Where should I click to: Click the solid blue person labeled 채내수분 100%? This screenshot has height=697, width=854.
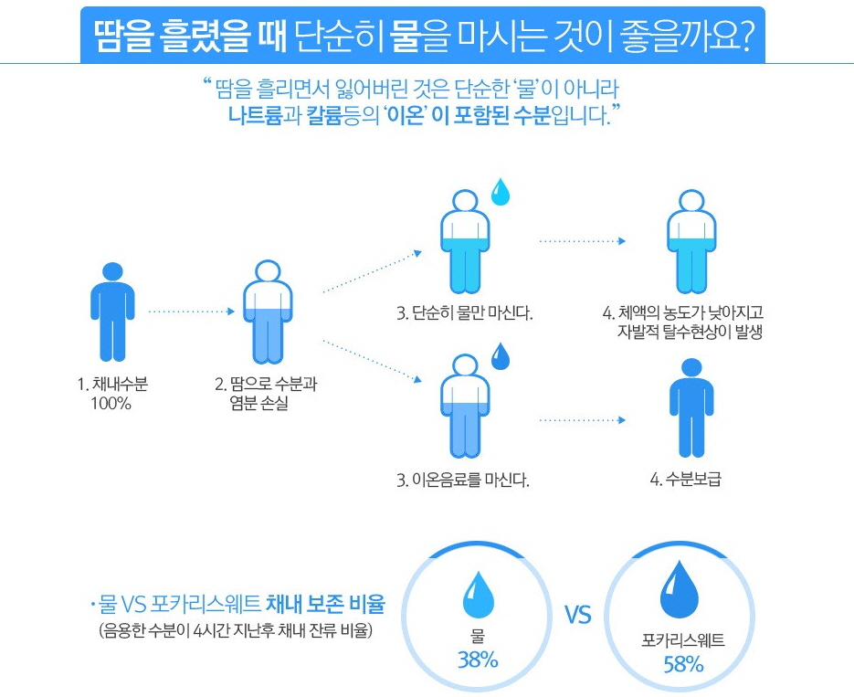[x=112, y=311]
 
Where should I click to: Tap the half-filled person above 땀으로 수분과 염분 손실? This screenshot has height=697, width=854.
[x=268, y=311]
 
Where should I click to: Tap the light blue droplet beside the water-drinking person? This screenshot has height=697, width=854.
[x=501, y=192]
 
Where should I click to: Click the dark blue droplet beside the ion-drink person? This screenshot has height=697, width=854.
[x=501, y=356]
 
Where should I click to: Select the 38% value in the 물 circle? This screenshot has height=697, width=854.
[x=478, y=660]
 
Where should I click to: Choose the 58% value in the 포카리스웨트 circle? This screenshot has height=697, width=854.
[x=683, y=664]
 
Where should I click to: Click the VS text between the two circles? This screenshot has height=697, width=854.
[x=577, y=615]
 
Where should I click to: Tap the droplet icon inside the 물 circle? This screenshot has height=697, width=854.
[x=478, y=595]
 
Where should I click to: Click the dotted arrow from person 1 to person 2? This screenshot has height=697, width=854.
[x=190, y=311]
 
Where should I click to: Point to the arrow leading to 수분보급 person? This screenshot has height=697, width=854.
[x=583, y=420]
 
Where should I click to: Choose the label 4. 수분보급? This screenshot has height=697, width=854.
[x=685, y=479]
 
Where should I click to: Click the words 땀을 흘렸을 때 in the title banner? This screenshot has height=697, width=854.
[x=192, y=35]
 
